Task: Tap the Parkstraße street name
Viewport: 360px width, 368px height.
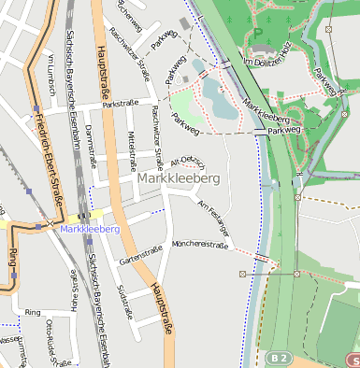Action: coord(120,103)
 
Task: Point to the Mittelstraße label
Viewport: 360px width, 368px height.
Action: coord(132,149)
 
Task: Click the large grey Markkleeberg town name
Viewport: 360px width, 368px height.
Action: coord(179,177)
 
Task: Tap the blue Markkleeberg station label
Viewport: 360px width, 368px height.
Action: coord(90,229)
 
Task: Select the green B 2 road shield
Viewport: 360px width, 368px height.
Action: coord(276,358)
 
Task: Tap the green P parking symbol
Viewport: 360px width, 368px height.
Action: coord(257,32)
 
